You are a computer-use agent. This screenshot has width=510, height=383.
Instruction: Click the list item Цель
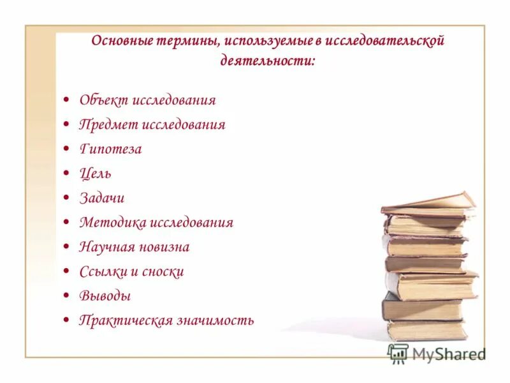(95, 174)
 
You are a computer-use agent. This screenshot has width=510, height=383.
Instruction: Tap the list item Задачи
(101, 198)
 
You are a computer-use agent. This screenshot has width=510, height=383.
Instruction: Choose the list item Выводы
(105, 296)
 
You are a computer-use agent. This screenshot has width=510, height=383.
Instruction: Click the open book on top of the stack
(428, 204)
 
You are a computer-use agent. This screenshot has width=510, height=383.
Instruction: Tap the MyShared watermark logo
(436, 354)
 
